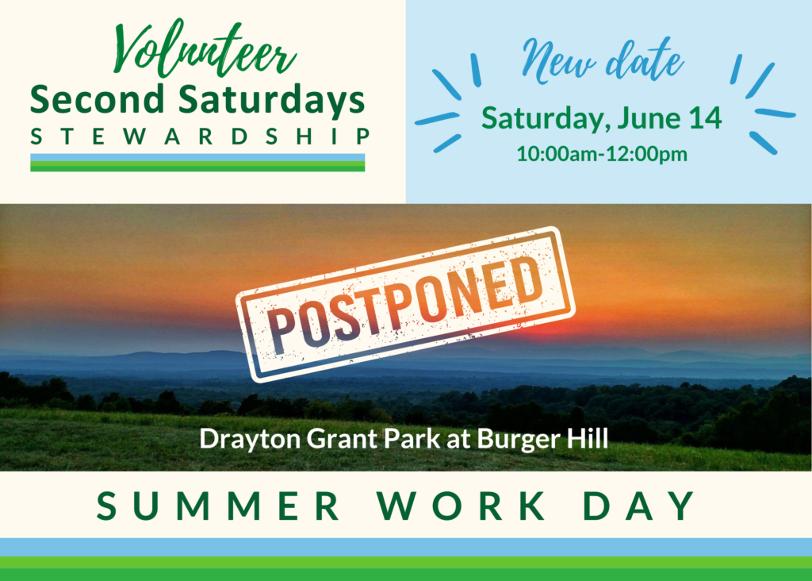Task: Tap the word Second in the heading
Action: click(98, 99)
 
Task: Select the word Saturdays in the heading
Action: click(272, 101)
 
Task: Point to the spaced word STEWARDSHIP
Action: click(200, 137)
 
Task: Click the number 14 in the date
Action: click(705, 118)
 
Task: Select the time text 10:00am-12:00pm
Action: click(602, 154)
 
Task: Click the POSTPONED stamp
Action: click(405, 304)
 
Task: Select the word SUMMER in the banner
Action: click(217, 506)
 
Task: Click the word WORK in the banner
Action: click(461, 506)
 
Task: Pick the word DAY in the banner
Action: click(640, 506)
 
